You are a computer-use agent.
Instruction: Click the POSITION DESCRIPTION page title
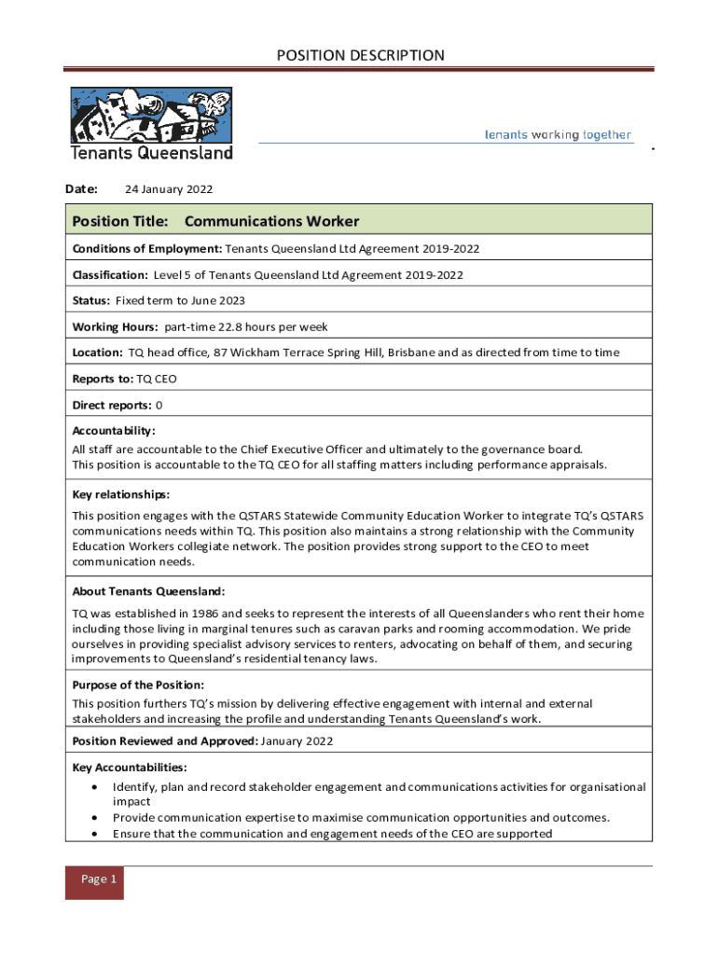coord(360,56)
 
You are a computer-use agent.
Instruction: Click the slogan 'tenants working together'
coord(558,134)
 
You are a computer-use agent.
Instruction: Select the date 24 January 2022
coord(169,189)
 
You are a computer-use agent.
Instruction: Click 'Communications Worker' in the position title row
coord(271,221)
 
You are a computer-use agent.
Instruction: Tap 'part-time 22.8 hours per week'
coord(246,327)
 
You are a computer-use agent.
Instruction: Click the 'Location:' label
coord(98,353)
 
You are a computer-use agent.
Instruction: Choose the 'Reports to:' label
coord(103,379)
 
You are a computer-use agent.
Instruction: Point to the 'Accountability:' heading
coord(114,431)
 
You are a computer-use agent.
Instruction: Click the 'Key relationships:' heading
coord(120,494)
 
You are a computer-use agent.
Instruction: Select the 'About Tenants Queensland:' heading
coord(148,591)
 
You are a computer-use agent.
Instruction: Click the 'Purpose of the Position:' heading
coord(138,685)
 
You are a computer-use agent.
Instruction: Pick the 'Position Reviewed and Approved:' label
coord(165,741)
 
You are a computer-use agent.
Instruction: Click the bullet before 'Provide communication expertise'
coord(96,818)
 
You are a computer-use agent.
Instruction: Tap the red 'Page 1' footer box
coord(94,879)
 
